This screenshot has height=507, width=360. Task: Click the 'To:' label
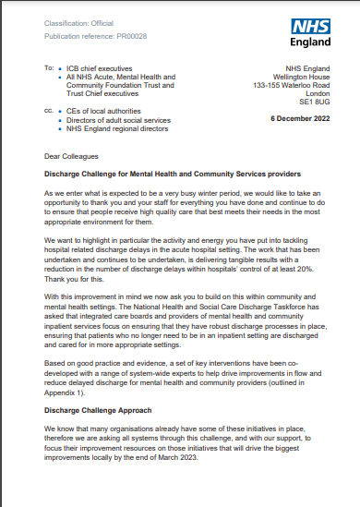(48, 69)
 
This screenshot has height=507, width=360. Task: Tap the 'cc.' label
(48, 110)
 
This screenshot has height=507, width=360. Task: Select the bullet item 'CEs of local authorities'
(105, 110)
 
